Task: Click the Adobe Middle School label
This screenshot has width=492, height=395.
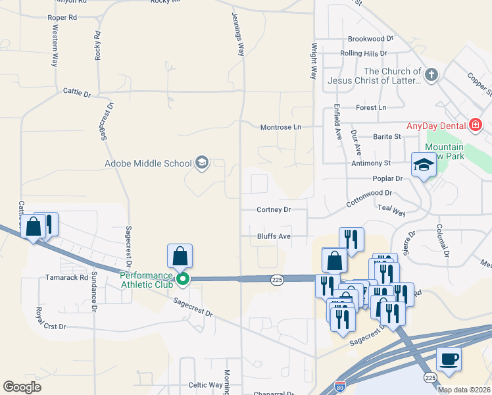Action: click(x=148, y=163)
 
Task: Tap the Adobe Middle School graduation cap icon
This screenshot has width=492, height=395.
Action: click(x=202, y=163)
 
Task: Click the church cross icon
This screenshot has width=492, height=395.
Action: click(x=431, y=74)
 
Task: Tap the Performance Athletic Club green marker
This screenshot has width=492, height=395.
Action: click(x=184, y=279)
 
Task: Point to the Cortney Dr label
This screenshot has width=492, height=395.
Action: click(x=274, y=210)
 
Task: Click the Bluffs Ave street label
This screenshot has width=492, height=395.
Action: click(x=274, y=236)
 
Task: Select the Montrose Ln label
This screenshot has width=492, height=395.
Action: click(x=280, y=126)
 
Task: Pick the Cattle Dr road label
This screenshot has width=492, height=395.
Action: click(x=77, y=92)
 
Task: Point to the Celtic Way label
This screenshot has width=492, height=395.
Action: click(x=206, y=385)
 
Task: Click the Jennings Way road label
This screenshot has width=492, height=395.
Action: click(x=238, y=34)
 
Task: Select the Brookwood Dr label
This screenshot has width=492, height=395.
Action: click(x=370, y=39)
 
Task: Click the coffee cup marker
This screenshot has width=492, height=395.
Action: click(x=449, y=359)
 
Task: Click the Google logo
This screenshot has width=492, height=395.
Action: click(x=22, y=387)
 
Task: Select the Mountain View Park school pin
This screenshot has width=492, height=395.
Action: click(x=424, y=165)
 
